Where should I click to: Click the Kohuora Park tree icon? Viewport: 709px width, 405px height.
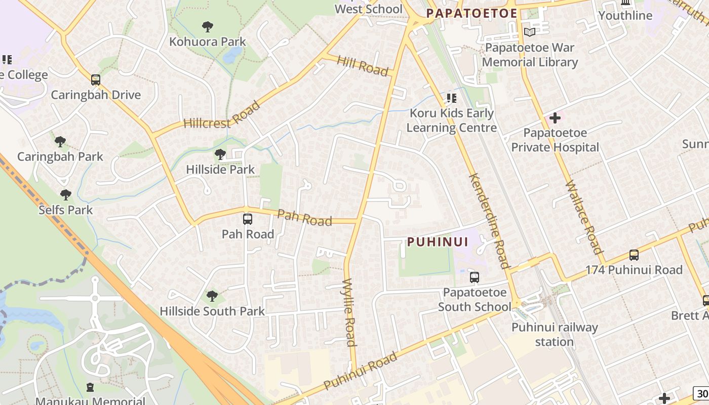tap(207, 26)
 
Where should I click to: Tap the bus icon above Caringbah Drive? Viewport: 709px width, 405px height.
tap(96, 79)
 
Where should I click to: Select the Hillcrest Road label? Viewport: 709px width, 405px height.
tap(222, 115)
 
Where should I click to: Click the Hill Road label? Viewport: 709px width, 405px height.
tap(363, 66)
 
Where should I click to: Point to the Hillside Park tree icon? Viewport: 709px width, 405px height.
tap(220, 154)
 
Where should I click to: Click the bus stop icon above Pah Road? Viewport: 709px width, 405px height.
tap(248, 219)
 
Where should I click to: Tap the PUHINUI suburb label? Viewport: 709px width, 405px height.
tap(438, 241)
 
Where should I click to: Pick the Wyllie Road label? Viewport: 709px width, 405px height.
tap(349, 312)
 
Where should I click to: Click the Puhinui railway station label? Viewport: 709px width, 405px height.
tap(555, 334)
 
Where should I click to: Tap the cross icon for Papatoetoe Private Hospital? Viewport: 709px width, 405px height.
tap(555, 118)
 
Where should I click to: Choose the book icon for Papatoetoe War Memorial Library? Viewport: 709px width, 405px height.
tap(529, 32)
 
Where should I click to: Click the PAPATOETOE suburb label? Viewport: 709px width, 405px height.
tap(471, 13)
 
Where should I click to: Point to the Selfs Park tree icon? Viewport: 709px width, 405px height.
tap(65, 194)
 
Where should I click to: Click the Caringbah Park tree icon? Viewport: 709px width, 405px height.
tap(60, 141)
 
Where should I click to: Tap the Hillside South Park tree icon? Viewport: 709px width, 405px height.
tap(212, 296)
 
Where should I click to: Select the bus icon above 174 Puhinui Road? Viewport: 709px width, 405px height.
tap(634, 255)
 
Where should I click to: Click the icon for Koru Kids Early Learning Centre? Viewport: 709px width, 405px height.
tap(451, 98)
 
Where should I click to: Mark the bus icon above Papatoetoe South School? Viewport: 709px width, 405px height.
tap(475, 277)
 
